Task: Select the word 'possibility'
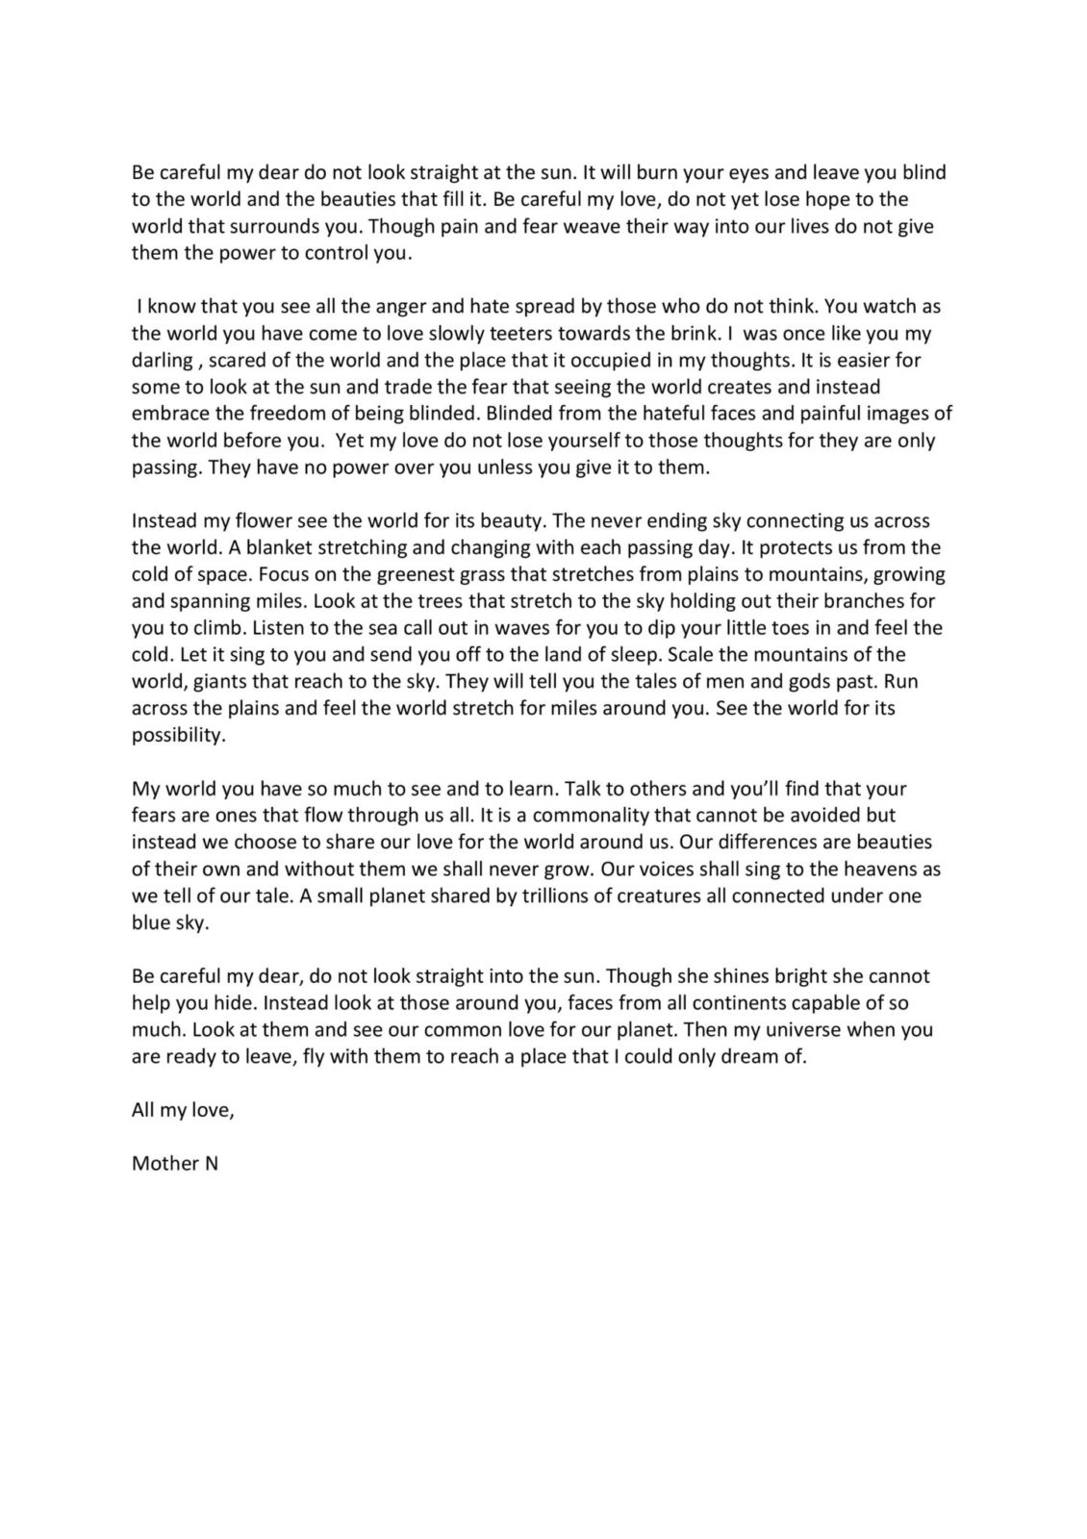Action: coord(178,736)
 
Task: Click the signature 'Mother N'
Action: coord(175,1163)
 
